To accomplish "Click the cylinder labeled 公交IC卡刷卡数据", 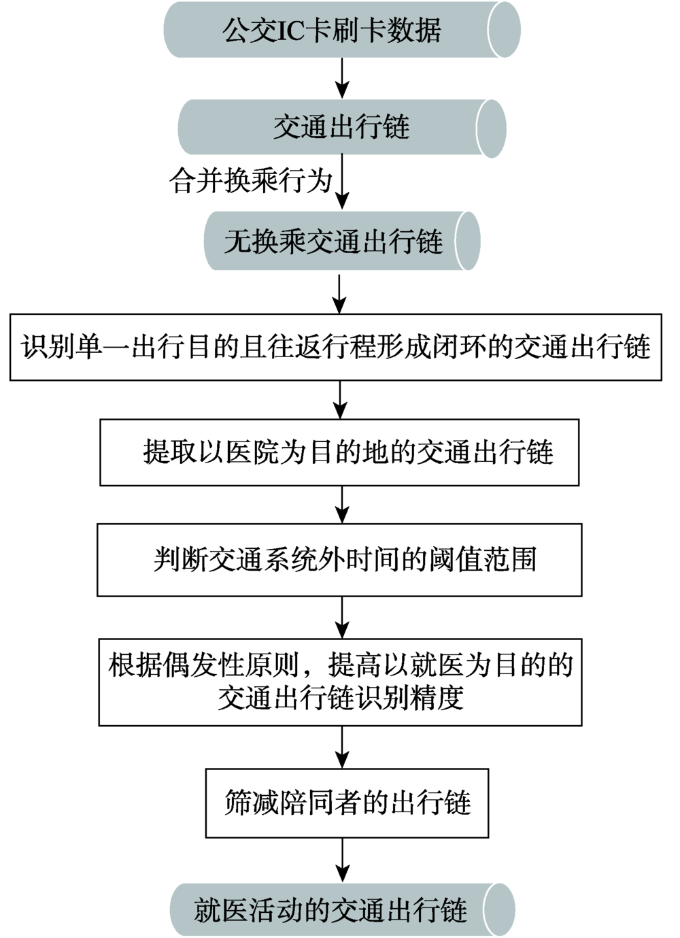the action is click(342, 30).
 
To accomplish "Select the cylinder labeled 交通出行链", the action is click(342, 128).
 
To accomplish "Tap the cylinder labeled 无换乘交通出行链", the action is click(342, 241).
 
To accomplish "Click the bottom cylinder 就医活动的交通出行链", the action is click(342, 909).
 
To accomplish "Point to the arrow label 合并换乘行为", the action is click(250, 182).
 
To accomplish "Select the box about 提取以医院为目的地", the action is click(339, 452).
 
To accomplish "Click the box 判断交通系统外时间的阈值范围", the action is click(339, 560).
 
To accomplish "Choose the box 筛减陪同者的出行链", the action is click(347, 803).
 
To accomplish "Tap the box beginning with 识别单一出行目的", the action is click(336, 347).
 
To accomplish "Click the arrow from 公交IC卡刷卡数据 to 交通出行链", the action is click(343, 78).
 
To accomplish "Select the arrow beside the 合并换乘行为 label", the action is click(343, 182).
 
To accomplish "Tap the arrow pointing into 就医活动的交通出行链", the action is click(343, 860).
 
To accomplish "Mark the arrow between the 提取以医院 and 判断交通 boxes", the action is click(343, 505).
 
